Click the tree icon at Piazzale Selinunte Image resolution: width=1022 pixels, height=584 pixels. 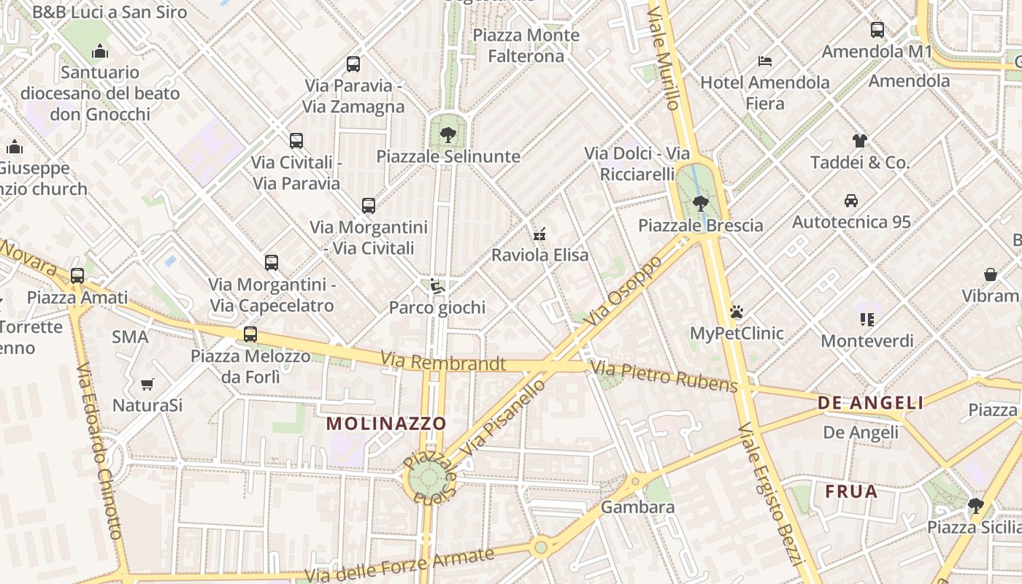tap(448, 134)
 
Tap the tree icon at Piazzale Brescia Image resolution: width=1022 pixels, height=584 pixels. tap(701, 203)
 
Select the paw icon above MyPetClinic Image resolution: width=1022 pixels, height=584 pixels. tap(737, 312)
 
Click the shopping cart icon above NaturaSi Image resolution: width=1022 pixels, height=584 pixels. tap(147, 383)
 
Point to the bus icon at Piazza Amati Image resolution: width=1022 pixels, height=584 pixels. tap(77, 276)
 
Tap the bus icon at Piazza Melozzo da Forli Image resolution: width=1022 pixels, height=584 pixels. tap(250, 334)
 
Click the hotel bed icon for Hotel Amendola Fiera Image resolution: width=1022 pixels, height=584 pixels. tap(765, 61)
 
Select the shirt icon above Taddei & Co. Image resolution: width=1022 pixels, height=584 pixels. tap(860, 141)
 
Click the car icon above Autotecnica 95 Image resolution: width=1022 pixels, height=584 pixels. tap(851, 200)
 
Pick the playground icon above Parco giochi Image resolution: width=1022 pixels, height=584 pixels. tap(437, 286)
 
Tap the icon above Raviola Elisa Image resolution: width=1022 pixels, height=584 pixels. tap(540, 234)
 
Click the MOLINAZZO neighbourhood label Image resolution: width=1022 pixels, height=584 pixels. tap(385, 423)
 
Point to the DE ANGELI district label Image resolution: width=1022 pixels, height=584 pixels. tap(870, 402)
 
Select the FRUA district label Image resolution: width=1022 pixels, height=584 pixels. tap(851, 492)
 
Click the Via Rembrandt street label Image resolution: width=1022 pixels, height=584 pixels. tap(443, 362)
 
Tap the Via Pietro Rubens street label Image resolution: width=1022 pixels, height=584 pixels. tap(664, 376)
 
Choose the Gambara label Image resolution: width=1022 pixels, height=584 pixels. tap(638, 507)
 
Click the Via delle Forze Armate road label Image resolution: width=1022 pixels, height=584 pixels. tap(399, 565)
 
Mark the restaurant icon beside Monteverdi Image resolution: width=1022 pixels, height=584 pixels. tap(867, 319)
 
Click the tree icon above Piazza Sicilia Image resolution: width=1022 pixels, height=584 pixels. tap(975, 505)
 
